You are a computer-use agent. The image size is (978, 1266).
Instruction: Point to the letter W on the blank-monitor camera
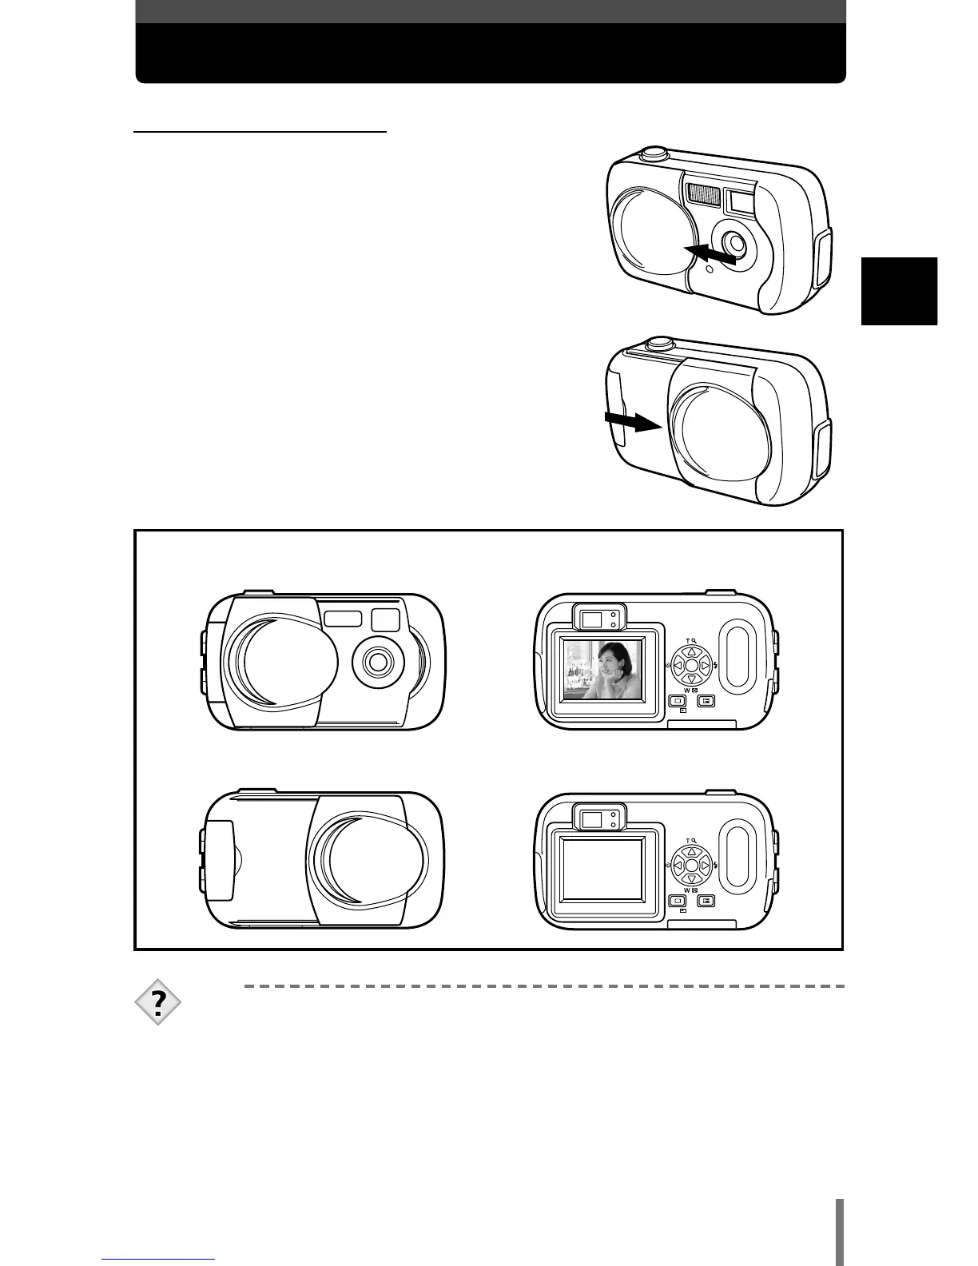(686, 890)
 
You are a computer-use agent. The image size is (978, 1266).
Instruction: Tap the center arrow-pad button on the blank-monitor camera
(692, 865)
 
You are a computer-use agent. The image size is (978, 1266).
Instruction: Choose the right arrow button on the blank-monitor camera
(706, 865)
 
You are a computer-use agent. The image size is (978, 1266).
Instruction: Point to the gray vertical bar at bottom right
(840, 1224)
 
